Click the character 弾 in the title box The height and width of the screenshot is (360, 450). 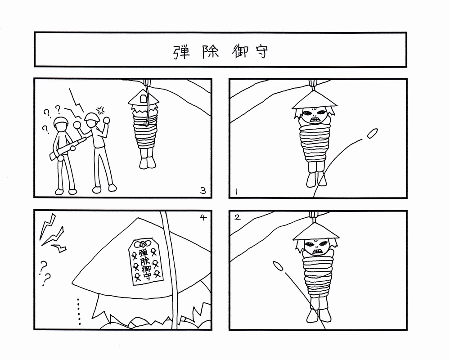tap(181, 52)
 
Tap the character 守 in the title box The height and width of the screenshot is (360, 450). tap(261, 52)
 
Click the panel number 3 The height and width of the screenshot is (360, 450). tap(203, 191)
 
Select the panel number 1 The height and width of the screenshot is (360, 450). tap(236, 192)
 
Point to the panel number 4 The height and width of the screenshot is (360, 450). tap(203, 217)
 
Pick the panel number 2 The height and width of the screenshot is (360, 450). tap(237, 217)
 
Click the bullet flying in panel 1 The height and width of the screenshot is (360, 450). tap(372, 134)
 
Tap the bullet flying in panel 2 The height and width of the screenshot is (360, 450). tap(278, 266)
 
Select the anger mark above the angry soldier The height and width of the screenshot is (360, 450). tap(100, 110)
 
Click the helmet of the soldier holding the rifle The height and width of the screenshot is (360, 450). tap(61, 121)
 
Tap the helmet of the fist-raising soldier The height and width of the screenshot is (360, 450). tap(92, 116)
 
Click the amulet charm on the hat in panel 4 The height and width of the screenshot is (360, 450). tap(145, 261)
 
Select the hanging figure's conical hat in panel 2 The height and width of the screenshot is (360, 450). tap(316, 231)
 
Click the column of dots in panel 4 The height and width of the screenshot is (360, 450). tap(78, 312)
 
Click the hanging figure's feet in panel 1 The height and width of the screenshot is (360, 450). tap(316, 180)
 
